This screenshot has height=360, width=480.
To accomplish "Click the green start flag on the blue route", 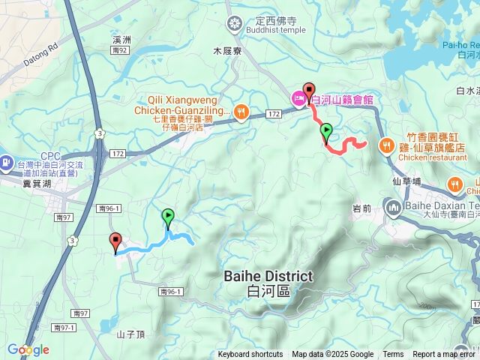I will pyautogui.click(x=168, y=217).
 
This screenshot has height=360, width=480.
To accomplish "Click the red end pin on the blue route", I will pyautogui.click(x=115, y=241).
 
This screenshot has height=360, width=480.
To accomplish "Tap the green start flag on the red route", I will pyautogui.click(x=326, y=132).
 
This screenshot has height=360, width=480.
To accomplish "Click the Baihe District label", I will pyautogui.click(x=268, y=283).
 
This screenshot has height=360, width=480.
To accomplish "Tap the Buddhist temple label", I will pyautogui.click(x=259, y=31).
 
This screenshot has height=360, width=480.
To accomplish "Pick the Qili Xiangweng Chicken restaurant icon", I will pyautogui.click(x=240, y=112).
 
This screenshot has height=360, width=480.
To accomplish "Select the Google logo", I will pyautogui.click(x=28, y=349).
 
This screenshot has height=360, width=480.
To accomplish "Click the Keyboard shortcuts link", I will pyautogui.click(x=250, y=355).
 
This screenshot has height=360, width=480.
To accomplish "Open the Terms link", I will pyautogui.click(x=393, y=355).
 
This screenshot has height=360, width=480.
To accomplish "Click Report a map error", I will pyautogui.click(x=444, y=355).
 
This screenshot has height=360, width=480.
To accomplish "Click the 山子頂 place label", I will pyautogui.click(x=130, y=332).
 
